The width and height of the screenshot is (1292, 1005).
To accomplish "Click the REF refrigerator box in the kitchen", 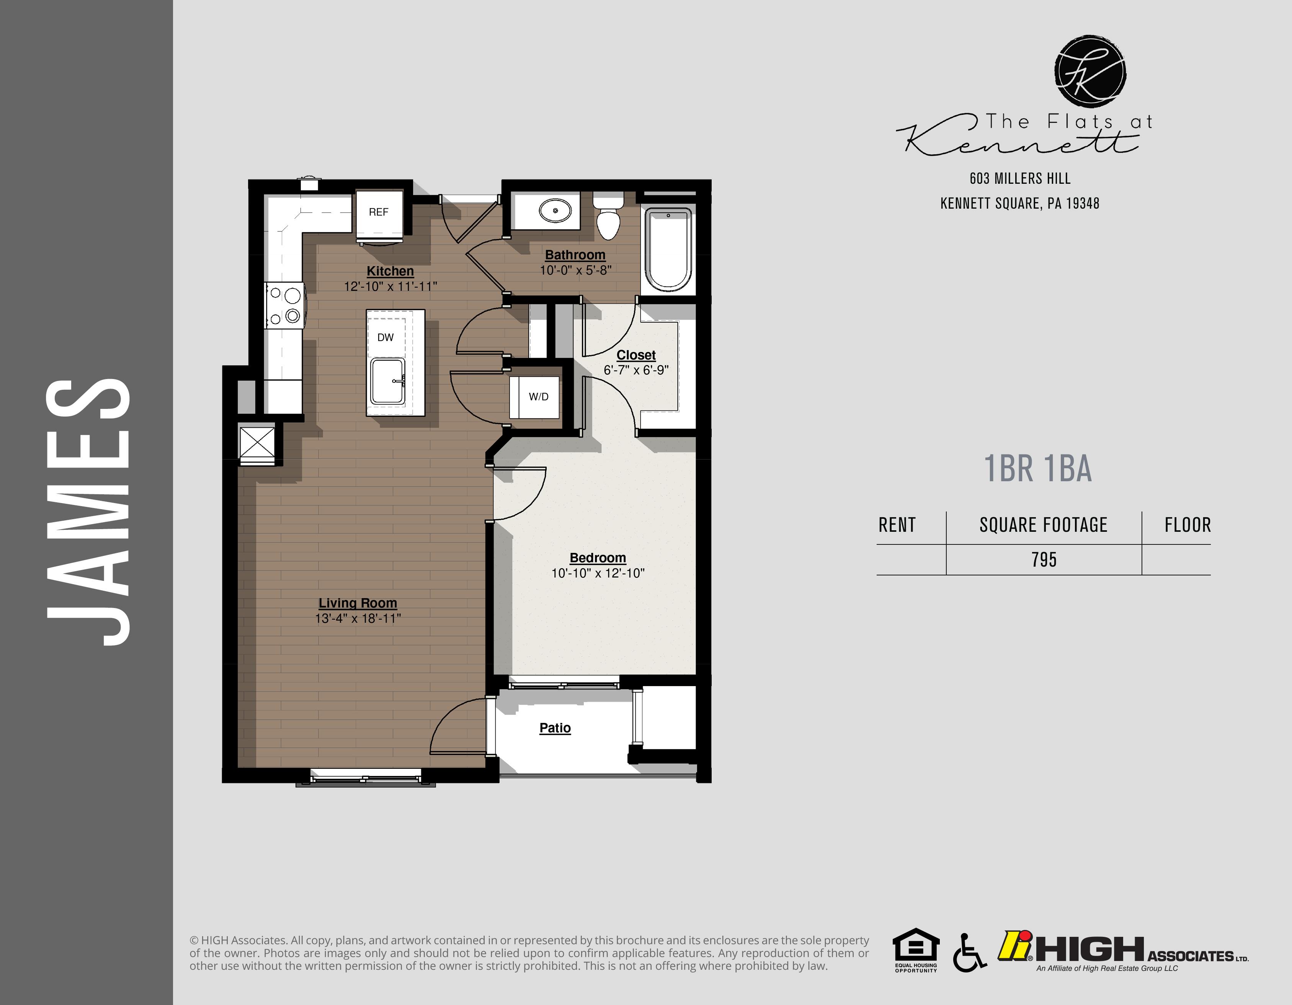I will [379, 212].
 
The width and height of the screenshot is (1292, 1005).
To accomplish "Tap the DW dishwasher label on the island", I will [385, 338].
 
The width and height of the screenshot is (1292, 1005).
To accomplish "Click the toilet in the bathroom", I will [608, 218].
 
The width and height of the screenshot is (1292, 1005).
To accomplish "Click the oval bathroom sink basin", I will [555, 210].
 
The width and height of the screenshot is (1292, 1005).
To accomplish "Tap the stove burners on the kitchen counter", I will [284, 305].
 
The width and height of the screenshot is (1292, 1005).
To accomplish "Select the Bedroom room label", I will [598, 558].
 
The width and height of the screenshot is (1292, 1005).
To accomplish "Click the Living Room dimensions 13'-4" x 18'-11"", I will [358, 618].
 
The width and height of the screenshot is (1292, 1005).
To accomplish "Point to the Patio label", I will [555, 728].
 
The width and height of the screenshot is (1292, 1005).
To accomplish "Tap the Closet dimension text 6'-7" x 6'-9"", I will [636, 370].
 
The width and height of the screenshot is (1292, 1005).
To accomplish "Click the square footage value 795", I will [1044, 560].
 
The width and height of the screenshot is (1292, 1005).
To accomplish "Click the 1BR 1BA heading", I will [1038, 469].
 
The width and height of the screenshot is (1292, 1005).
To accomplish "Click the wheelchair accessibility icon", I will [969, 952].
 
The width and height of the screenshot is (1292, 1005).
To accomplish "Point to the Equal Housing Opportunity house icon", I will [916, 946].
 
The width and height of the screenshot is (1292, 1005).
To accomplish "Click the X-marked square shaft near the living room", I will [257, 443].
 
